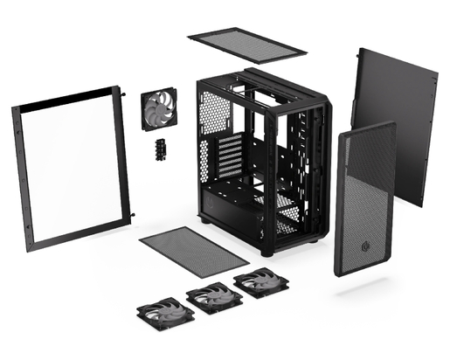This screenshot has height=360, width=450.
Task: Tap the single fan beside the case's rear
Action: (x=161, y=112)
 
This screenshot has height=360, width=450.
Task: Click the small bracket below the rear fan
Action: (x=161, y=148)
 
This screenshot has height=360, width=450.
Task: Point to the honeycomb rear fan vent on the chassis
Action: (x=215, y=113)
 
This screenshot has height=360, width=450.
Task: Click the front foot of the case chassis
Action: (x=267, y=252)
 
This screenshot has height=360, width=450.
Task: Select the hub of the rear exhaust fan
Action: (x=161, y=112)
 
